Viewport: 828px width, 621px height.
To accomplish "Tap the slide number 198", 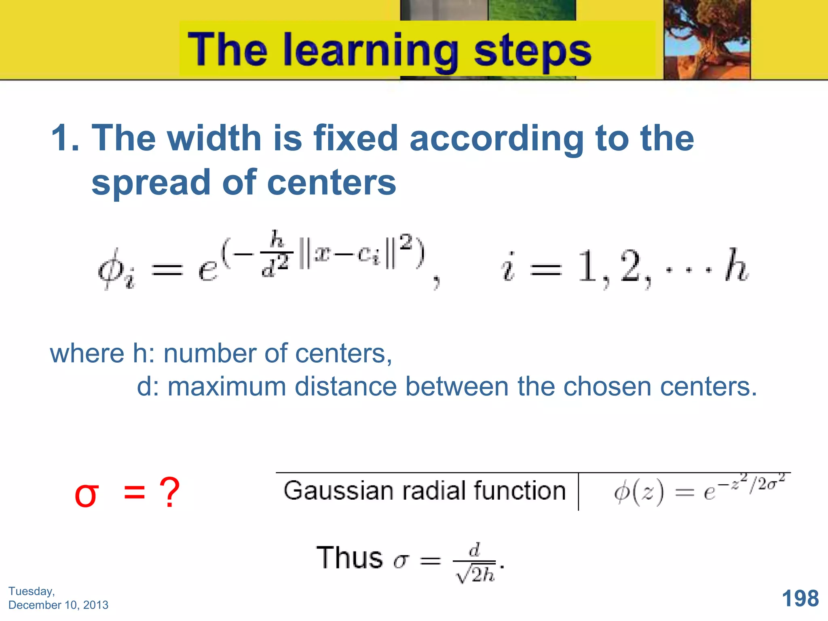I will point(800,598).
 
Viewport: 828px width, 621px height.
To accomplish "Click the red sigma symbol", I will point(87,495).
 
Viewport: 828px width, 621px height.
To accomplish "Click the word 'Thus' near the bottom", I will point(350,558).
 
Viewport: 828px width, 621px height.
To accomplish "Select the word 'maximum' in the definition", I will point(227,387).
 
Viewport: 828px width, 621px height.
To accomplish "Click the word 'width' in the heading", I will point(214,138).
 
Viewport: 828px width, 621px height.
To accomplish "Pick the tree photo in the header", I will point(707,40).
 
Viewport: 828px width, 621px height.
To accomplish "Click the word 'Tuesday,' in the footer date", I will point(32,591).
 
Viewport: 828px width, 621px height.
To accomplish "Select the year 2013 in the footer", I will point(95,605).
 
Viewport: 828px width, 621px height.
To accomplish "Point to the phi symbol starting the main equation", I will point(111,268).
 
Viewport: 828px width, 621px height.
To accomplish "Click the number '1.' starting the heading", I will point(65,138).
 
